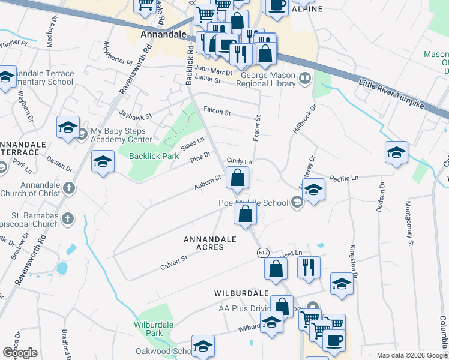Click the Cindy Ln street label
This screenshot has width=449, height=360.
coord(239,161)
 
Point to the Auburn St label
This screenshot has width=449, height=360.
coord(208,183)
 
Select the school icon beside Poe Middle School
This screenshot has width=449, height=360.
coord(314,190)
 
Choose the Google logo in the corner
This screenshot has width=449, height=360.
coord(20,353)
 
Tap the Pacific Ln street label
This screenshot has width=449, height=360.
coord(343,178)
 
